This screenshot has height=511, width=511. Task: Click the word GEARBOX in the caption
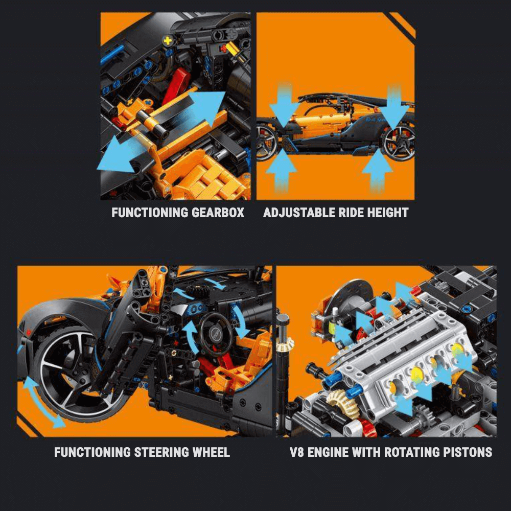pos(218,213)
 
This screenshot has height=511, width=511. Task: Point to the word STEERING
pos(161,452)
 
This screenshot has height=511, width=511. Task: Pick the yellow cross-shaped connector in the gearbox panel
pos(168,40)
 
